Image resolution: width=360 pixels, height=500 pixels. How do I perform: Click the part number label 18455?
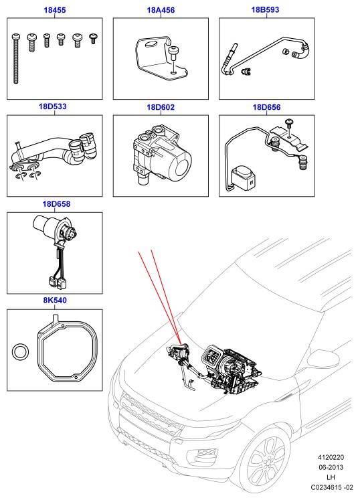click(54, 10)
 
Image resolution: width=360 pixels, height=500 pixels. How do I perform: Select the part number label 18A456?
click(161, 10)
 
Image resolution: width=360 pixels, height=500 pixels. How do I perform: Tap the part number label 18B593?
click(265, 9)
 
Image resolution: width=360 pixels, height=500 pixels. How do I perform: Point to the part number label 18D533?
click(53, 106)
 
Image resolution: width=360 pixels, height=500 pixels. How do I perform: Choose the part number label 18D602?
click(161, 107)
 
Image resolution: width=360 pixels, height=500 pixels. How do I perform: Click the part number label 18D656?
click(266, 107)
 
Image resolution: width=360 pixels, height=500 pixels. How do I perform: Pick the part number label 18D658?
click(56, 203)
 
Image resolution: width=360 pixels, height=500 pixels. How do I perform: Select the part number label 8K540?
click(55, 300)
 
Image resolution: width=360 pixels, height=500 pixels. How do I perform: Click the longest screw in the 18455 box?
click(16, 59)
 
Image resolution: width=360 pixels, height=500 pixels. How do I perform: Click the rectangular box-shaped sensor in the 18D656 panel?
click(243, 177)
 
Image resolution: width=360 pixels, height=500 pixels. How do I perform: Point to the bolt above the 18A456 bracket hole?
click(173, 53)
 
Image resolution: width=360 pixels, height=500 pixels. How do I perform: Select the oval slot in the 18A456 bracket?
click(151, 44)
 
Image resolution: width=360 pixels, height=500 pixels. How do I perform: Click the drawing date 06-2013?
click(331, 467)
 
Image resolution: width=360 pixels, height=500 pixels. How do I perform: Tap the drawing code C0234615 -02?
click(332, 487)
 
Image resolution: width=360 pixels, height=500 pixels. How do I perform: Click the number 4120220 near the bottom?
click(331, 457)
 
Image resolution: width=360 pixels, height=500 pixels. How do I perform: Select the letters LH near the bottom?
click(331, 477)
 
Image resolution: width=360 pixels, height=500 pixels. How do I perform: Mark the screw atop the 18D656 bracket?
click(290, 124)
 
